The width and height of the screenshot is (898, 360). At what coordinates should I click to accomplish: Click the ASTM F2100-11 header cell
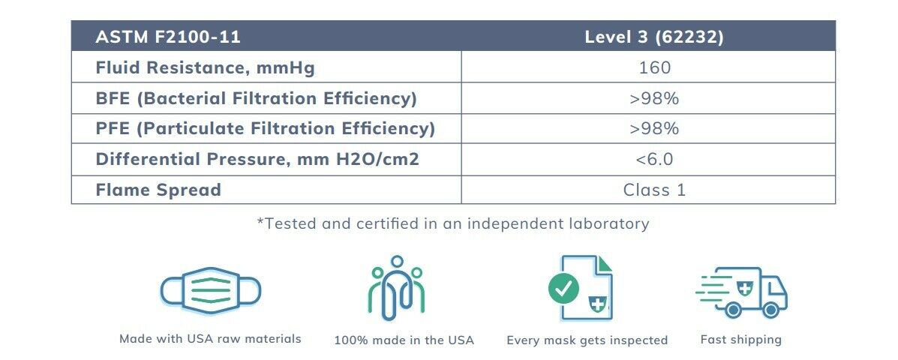168,37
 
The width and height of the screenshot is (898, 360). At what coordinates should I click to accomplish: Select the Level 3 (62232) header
654,37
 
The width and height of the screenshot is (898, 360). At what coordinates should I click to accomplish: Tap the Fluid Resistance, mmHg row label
205,67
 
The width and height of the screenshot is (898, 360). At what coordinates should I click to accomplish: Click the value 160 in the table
654,67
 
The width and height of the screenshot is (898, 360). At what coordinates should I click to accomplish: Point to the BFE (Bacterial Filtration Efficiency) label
256,98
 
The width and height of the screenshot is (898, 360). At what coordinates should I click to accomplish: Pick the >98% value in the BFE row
654,98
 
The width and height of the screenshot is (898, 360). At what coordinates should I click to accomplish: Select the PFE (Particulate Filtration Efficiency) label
265,129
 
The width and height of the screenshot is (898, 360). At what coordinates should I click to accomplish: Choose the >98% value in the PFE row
654,129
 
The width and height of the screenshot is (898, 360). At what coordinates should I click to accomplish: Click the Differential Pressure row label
257,160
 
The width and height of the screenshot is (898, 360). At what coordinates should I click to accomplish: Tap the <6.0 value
654,160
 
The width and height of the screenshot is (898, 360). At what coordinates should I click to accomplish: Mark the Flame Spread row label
158,190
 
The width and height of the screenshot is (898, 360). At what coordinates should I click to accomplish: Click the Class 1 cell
654,190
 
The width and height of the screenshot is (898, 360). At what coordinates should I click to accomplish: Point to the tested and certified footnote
453,223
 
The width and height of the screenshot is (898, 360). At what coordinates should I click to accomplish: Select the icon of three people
397,286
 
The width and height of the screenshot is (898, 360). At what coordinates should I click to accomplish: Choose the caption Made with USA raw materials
210,339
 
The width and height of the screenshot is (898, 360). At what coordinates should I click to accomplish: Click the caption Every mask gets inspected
587,340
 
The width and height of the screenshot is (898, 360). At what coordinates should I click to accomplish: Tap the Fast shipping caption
740,340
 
